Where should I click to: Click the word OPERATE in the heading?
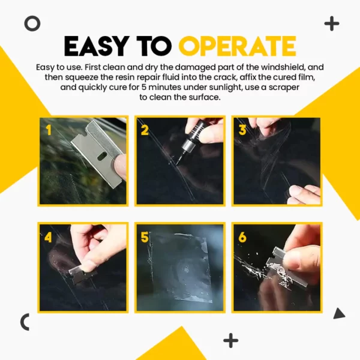pyautogui.click(x=237, y=46)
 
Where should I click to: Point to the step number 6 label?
pyautogui.click(x=242, y=236)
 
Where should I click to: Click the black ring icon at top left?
pyautogui.click(x=32, y=23)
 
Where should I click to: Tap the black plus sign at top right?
pyautogui.click(x=331, y=24)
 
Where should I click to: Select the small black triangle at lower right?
pyautogui.click(x=339, y=313)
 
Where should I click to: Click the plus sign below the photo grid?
pyautogui.click(x=231, y=340)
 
